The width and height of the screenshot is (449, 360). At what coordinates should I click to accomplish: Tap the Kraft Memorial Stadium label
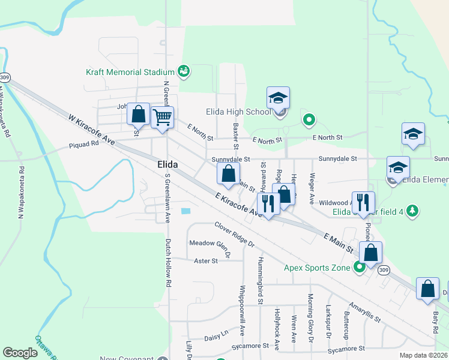(x=130, y=72)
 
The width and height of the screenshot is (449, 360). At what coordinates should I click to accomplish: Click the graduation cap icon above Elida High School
(x=278, y=97)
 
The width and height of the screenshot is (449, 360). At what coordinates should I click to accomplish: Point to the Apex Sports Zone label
(x=317, y=267)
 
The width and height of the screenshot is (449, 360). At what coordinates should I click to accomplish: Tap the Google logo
(x=20, y=353)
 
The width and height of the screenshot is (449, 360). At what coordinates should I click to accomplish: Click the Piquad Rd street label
(x=83, y=145)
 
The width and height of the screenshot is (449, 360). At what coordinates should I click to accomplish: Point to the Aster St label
(x=205, y=260)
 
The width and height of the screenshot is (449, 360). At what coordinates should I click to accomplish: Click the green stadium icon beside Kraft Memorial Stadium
(x=184, y=72)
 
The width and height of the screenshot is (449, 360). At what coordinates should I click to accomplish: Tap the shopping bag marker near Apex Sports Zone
(x=371, y=252)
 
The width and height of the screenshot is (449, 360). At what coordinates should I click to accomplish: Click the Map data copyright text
(x=421, y=355)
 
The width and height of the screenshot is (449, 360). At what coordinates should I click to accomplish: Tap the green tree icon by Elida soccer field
(x=412, y=211)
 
